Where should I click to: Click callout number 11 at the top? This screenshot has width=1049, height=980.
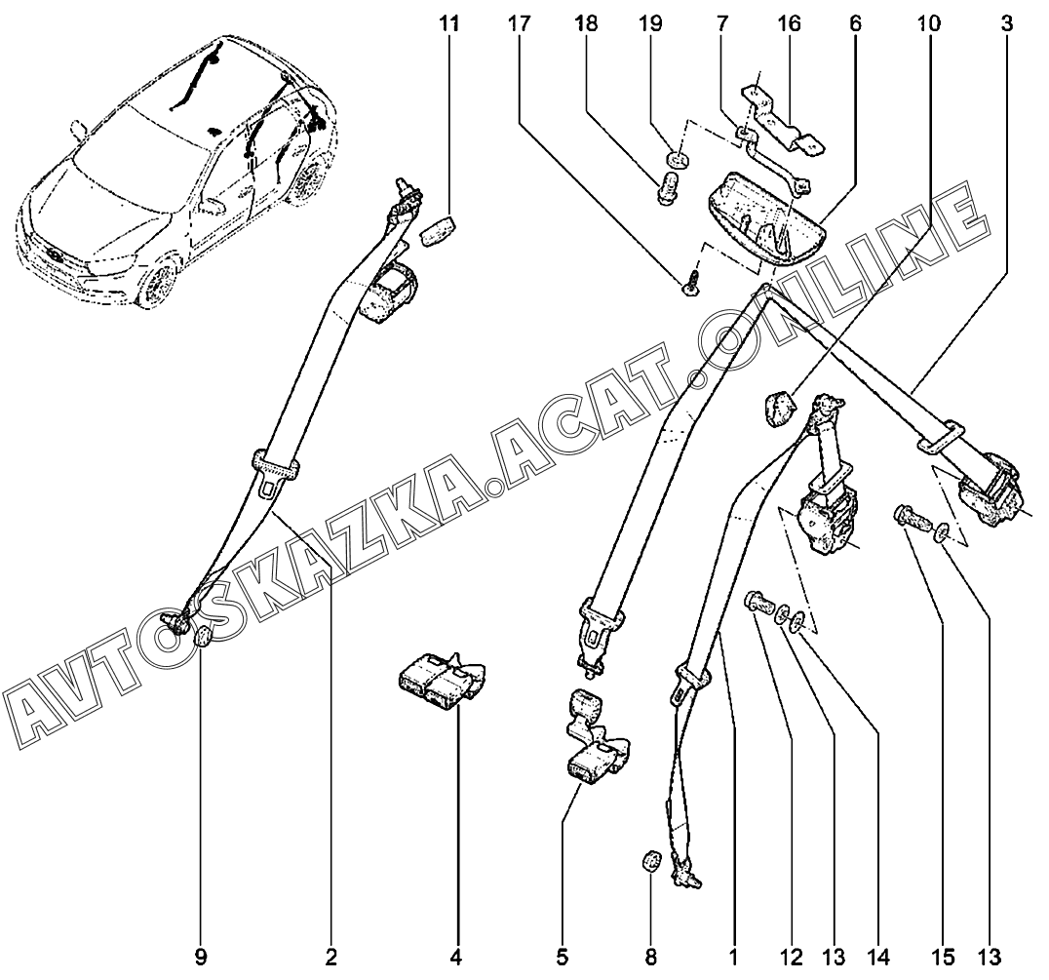point(449,23)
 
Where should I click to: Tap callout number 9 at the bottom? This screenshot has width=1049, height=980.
point(200,957)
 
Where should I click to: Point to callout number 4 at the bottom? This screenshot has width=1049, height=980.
point(456,957)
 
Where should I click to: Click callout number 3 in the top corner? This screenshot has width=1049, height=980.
point(1005,23)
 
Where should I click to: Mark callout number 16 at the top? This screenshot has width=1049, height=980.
point(788,23)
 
